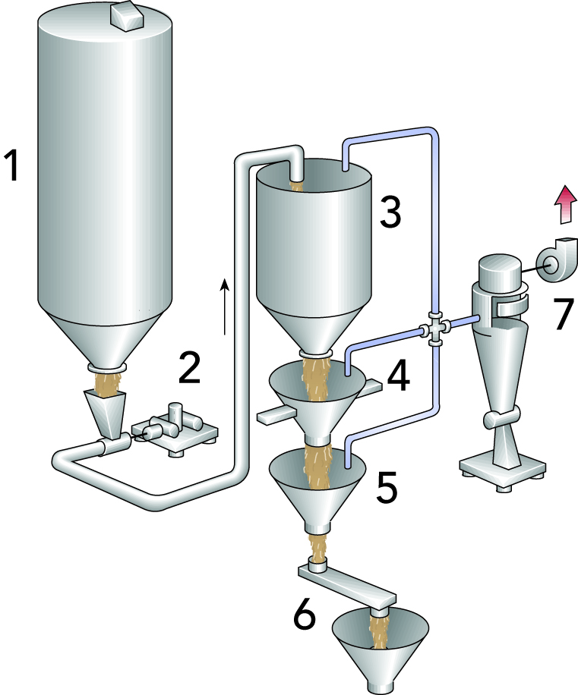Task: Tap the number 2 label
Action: [188, 367]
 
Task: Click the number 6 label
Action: [305, 618]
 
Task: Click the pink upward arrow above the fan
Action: [564, 206]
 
